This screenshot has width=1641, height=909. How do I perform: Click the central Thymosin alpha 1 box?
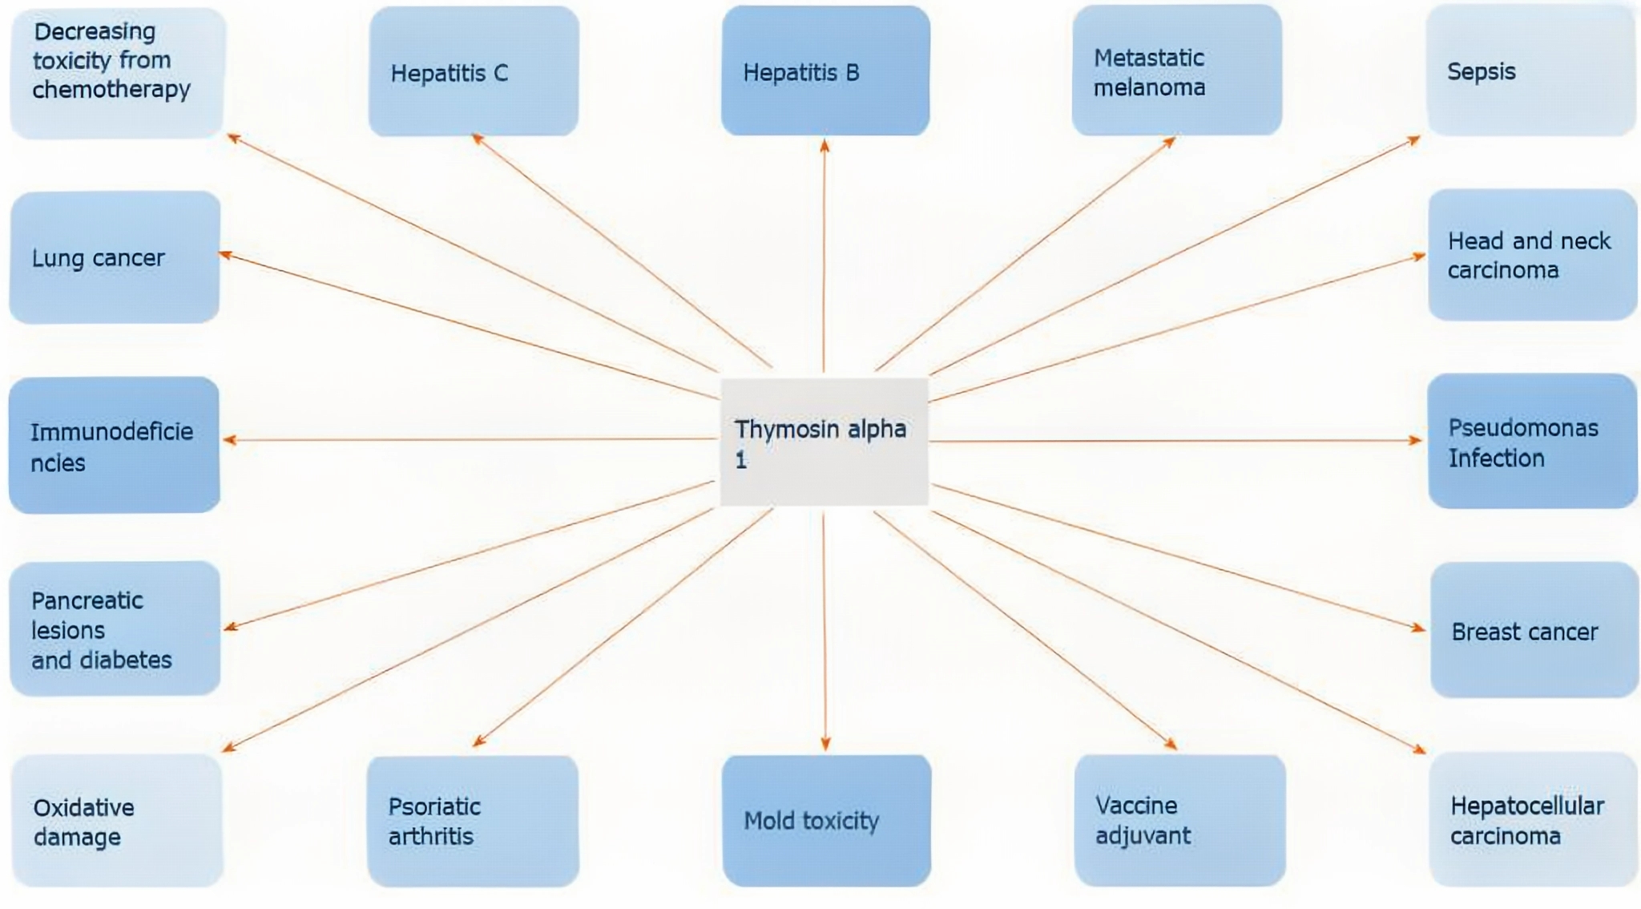tap(824, 442)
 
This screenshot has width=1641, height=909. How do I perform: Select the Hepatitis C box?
tap(474, 72)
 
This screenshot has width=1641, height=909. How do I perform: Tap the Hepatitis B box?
tap(825, 71)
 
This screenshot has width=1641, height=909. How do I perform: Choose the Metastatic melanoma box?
tap(1176, 71)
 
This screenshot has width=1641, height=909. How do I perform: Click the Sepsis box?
tap(1530, 71)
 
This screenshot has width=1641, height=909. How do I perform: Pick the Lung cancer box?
tap(115, 257)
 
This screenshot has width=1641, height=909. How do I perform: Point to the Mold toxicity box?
tap(826, 820)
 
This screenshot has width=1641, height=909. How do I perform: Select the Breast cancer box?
tap(1534, 631)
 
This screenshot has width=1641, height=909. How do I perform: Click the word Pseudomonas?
tap(1522, 428)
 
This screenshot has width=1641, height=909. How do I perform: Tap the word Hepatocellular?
tap(1526, 806)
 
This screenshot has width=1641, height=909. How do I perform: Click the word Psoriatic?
tap(434, 806)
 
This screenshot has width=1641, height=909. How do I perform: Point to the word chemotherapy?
tap(111, 90)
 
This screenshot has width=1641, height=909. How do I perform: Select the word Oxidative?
tap(83, 807)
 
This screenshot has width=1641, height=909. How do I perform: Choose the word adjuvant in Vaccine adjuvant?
tap(1143, 836)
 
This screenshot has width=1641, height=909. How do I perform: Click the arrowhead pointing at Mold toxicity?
tap(825, 745)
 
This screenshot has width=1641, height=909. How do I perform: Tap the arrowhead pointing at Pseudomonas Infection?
tap(1416, 440)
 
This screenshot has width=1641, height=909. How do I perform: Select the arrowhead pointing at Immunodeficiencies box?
tap(229, 440)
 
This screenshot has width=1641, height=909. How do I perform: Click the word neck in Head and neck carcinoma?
tap(1585, 241)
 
